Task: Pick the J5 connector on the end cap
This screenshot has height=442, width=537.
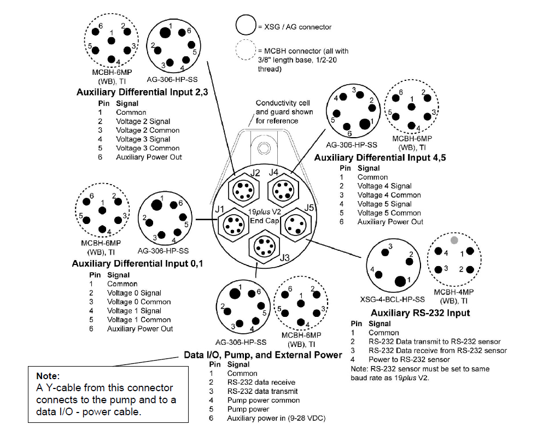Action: (296, 225)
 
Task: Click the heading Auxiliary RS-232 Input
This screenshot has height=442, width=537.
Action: (420, 313)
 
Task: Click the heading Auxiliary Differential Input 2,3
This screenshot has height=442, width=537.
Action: (142, 92)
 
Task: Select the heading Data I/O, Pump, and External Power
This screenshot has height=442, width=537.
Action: (263, 355)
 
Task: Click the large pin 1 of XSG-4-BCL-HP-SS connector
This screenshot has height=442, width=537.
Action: (401, 280)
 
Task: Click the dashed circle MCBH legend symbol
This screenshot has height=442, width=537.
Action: (246, 51)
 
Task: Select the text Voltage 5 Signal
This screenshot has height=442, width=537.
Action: (384, 204)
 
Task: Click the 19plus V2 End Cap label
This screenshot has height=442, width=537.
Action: (265, 217)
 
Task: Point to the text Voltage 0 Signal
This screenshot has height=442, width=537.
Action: (134, 293)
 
